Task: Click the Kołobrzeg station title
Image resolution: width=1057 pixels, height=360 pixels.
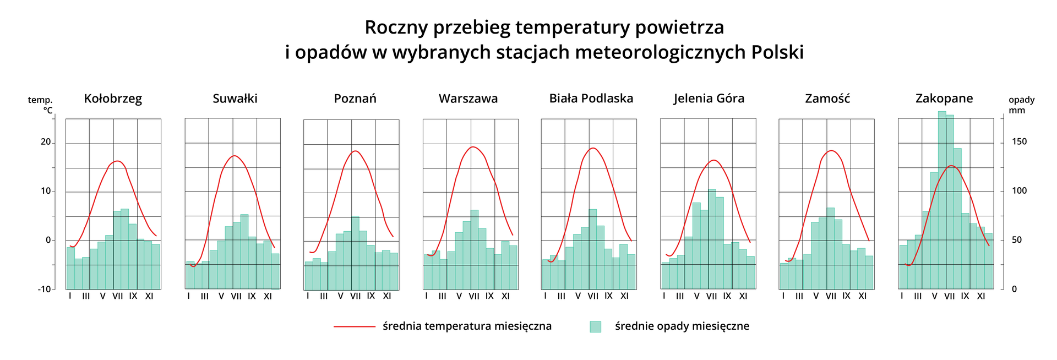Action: pos(113,99)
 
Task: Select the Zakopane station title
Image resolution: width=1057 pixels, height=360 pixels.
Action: pos(944,99)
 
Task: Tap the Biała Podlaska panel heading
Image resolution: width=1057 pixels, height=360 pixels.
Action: pos(591,99)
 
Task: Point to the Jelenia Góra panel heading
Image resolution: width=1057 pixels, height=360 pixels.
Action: pos(709,99)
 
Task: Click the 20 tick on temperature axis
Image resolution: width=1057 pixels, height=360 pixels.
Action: pos(46,142)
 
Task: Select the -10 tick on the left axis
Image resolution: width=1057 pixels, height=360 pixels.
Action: pos(44,289)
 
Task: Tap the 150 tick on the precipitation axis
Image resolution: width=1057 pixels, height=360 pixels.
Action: pos(1019,142)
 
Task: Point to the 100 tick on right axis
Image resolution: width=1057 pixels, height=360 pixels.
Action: pos(1019,191)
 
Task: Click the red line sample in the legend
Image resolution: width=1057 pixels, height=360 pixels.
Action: pos(354,326)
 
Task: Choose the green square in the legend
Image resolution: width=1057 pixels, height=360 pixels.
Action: pos(595,326)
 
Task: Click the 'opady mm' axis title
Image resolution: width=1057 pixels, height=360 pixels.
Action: pos(1021,105)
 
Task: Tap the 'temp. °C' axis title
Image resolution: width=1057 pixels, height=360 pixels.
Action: pos(41,105)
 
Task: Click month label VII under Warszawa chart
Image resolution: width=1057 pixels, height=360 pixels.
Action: pos(474,296)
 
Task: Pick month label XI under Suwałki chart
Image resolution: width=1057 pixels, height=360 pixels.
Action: pos(268,296)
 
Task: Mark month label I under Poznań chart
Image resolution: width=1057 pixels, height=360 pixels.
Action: pos(308,296)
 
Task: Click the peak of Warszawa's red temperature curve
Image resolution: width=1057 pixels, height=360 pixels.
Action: pos(473,147)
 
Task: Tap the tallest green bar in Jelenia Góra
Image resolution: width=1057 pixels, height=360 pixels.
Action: pos(712,239)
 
